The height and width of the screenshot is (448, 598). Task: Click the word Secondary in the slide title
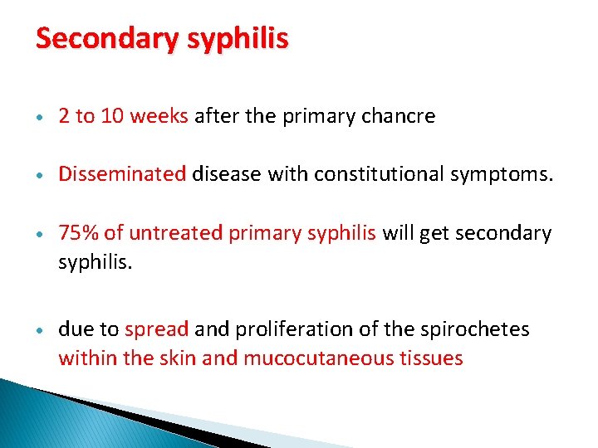pyautogui.click(x=100, y=39)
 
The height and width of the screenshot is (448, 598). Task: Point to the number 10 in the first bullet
pyautogui.click(x=112, y=116)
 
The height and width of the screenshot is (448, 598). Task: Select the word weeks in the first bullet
pyautogui.click(x=159, y=116)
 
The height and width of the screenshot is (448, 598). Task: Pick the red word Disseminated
pyautogui.click(x=122, y=174)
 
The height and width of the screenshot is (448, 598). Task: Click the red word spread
pyautogui.click(x=157, y=329)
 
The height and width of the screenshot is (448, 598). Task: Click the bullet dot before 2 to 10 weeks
pyautogui.click(x=41, y=117)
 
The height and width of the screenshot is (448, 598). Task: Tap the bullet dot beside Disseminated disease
pyautogui.click(x=41, y=175)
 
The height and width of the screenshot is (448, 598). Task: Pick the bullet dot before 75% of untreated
pyautogui.click(x=41, y=234)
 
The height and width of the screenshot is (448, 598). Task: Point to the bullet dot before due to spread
pyautogui.click(x=41, y=330)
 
